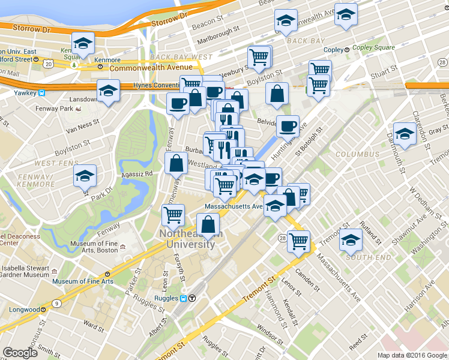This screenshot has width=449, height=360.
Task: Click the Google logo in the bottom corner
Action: point(20,353)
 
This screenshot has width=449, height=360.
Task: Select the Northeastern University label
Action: point(187,239)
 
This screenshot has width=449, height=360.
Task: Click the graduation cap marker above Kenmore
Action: point(83,43)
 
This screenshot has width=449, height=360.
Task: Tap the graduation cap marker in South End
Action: point(351,240)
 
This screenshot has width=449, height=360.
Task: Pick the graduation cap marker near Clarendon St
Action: point(405,134)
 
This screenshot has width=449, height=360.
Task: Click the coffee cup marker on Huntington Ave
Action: point(288,126)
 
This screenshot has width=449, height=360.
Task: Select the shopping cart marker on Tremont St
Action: point(298,241)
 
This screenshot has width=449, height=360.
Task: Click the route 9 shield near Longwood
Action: point(56,304)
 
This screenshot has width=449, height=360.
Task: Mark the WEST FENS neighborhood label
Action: point(54,163)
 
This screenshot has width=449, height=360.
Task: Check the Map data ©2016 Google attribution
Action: point(412,355)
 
